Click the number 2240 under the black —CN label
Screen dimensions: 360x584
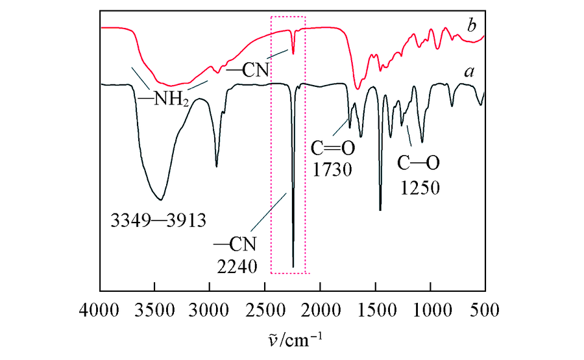point(237,266)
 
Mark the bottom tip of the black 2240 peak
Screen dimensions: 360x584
point(293,267)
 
